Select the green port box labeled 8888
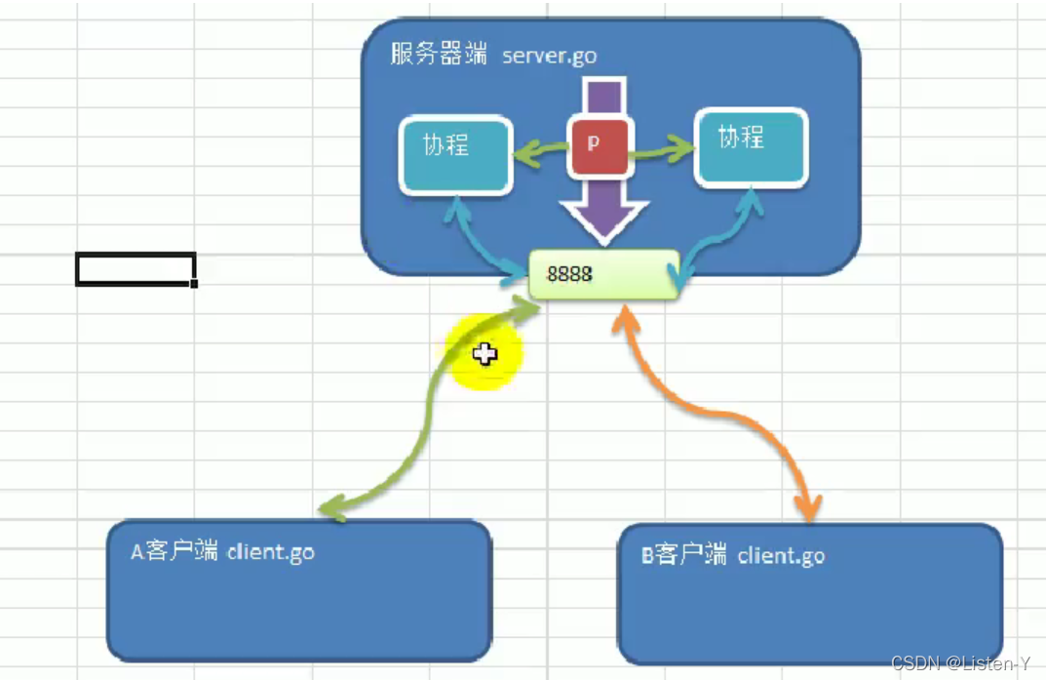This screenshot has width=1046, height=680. pos(603,274)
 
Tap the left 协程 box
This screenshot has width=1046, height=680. pos(456,154)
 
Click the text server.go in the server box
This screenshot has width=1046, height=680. pos(549,56)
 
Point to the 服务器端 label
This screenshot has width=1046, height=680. pos(439,55)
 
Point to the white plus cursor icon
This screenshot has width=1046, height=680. pos(484,354)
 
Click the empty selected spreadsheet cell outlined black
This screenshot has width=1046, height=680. pos(136,269)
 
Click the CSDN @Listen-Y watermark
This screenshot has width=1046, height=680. pos(960,664)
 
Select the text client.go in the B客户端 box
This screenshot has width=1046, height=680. pos(781,556)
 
